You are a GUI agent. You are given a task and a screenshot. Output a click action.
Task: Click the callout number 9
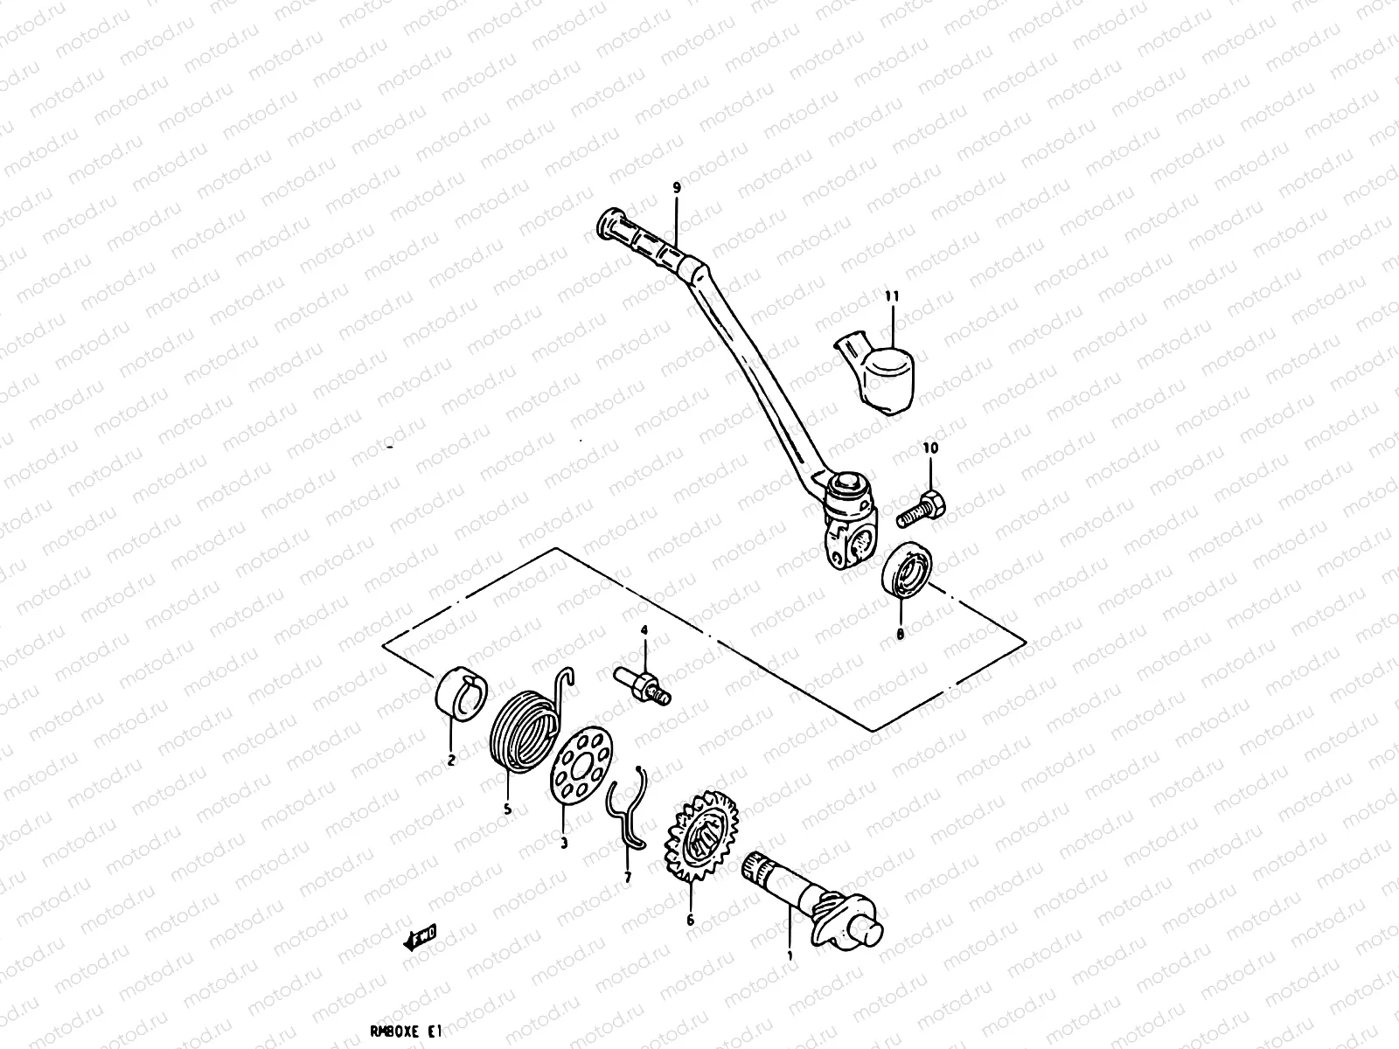(x=676, y=188)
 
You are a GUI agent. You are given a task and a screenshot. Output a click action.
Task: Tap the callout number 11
(x=891, y=297)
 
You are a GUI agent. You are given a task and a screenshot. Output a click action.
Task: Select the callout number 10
(x=929, y=448)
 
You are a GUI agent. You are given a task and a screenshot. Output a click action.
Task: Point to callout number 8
(x=900, y=634)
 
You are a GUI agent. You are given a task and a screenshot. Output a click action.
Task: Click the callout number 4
(x=644, y=629)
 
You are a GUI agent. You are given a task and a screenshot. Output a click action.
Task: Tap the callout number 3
(x=564, y=844)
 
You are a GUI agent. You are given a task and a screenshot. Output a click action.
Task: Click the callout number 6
(x=690, y=920)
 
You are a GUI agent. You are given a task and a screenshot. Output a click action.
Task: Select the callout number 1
(x=790, y=956)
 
